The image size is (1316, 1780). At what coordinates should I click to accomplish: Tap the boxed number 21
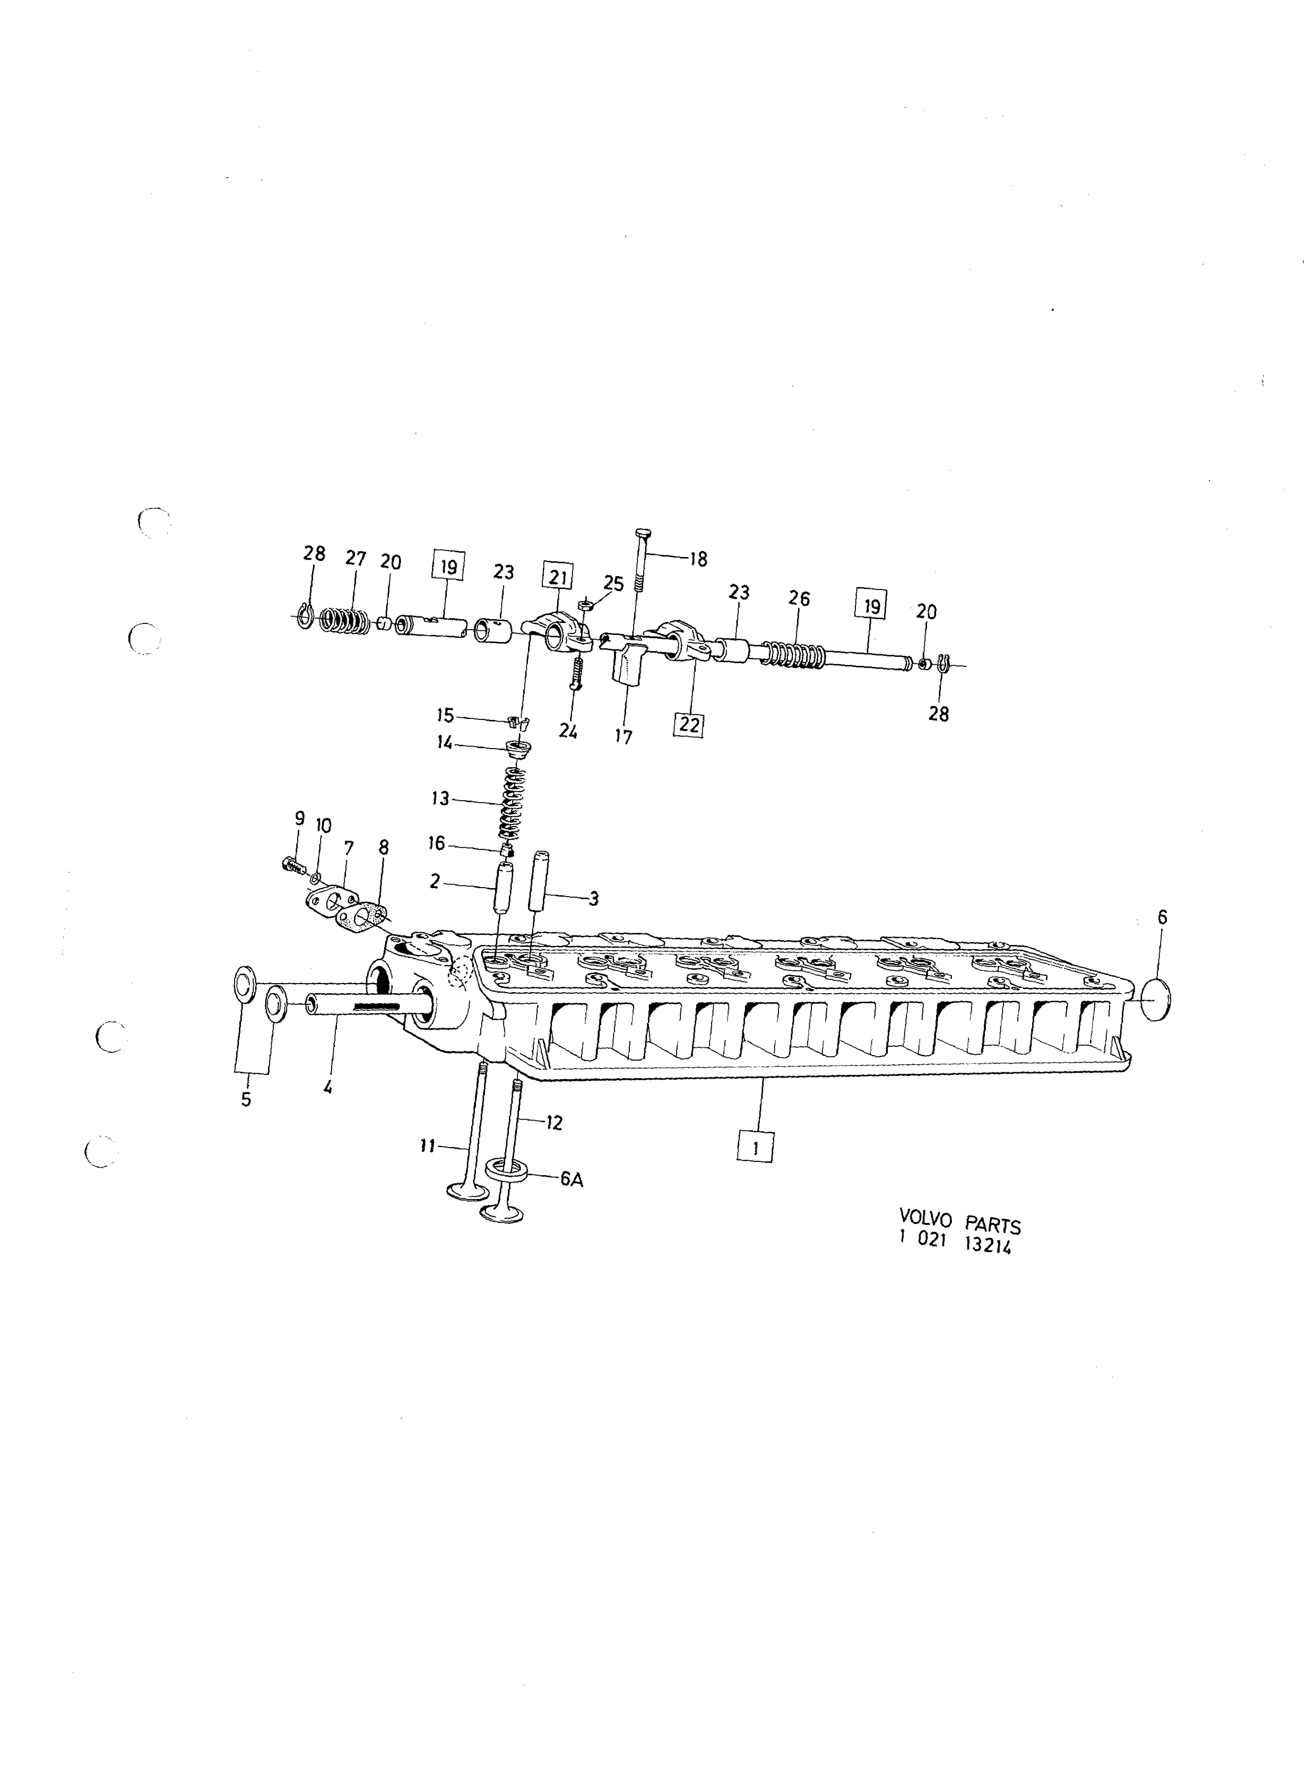(558, 576)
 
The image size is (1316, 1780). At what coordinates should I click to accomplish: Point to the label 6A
(571, 1179)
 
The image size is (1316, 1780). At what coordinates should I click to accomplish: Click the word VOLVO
(925, 1219)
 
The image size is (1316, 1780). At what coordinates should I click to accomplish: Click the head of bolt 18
(644, 532)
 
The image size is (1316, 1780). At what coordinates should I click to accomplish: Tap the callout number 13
(440, 798)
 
